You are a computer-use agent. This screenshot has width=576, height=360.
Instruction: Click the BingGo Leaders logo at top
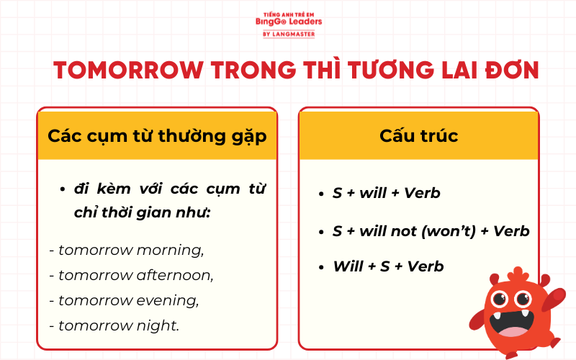[288, 21]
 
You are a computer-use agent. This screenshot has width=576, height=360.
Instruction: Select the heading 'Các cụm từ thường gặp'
[157, 135]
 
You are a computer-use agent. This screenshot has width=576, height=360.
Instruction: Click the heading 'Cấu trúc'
[418, 135]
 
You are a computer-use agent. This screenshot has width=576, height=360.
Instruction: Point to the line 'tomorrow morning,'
[127, 250]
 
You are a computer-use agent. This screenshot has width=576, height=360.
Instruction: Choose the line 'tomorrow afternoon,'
[132, 275]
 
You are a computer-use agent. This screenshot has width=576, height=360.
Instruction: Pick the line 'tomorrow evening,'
[124, 300]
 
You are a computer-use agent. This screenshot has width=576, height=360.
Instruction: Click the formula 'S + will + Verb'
[386, 193]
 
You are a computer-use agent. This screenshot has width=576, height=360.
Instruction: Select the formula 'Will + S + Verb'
[388, 266]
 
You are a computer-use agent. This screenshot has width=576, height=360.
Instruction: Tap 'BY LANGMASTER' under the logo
[288, 34]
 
